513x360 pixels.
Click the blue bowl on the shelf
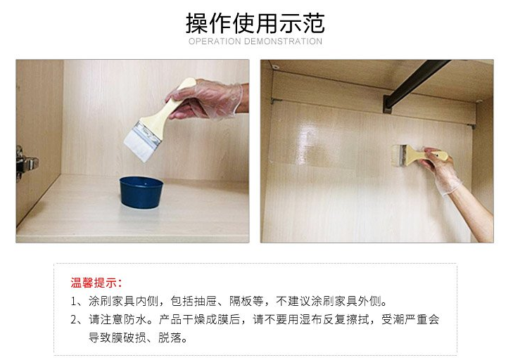click(x=141, y=191)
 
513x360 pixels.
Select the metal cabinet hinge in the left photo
click(x=24, y=163)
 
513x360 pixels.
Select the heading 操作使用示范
click(x=255, y=22)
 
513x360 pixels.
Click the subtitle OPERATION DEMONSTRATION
click(x=255, y=41)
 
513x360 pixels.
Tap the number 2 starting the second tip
click(x=74, y=320)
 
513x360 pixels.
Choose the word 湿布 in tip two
click(x=321, y=320)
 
